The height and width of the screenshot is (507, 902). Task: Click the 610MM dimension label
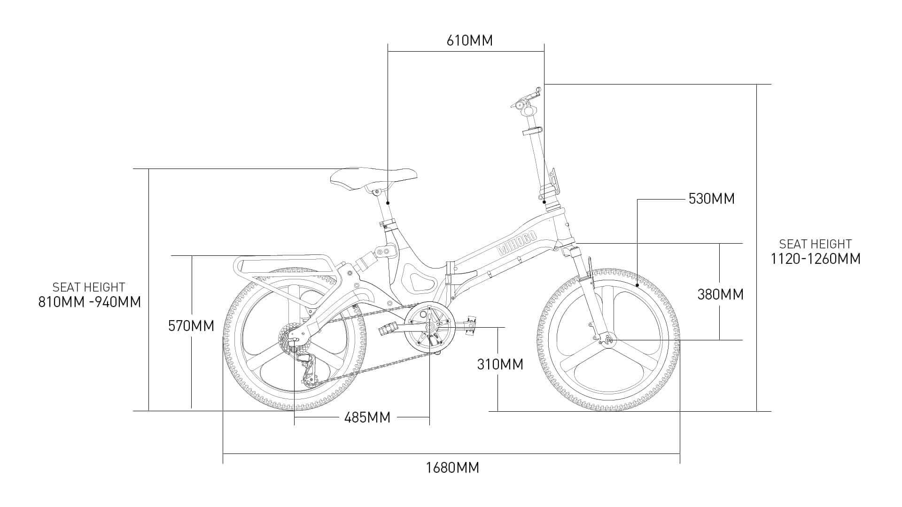(x=469, y=40)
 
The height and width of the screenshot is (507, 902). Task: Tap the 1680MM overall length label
(x=452, y=468)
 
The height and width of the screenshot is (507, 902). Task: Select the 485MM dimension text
(x=367, y=417)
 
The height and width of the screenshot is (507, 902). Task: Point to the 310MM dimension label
(x=500, y=364)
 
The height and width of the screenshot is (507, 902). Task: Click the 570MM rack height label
(x=191, y=325)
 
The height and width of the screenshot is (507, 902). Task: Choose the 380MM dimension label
(x=720, y=294)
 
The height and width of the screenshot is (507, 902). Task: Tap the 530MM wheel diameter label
(x=711, y=199)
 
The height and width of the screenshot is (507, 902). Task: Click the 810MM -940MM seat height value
(x=89, y=301)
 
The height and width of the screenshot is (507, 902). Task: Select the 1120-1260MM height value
(x=816, y=258)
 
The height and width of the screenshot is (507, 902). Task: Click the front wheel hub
(x=610, y=339)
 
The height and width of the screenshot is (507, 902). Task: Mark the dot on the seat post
(x=388, y=203)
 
